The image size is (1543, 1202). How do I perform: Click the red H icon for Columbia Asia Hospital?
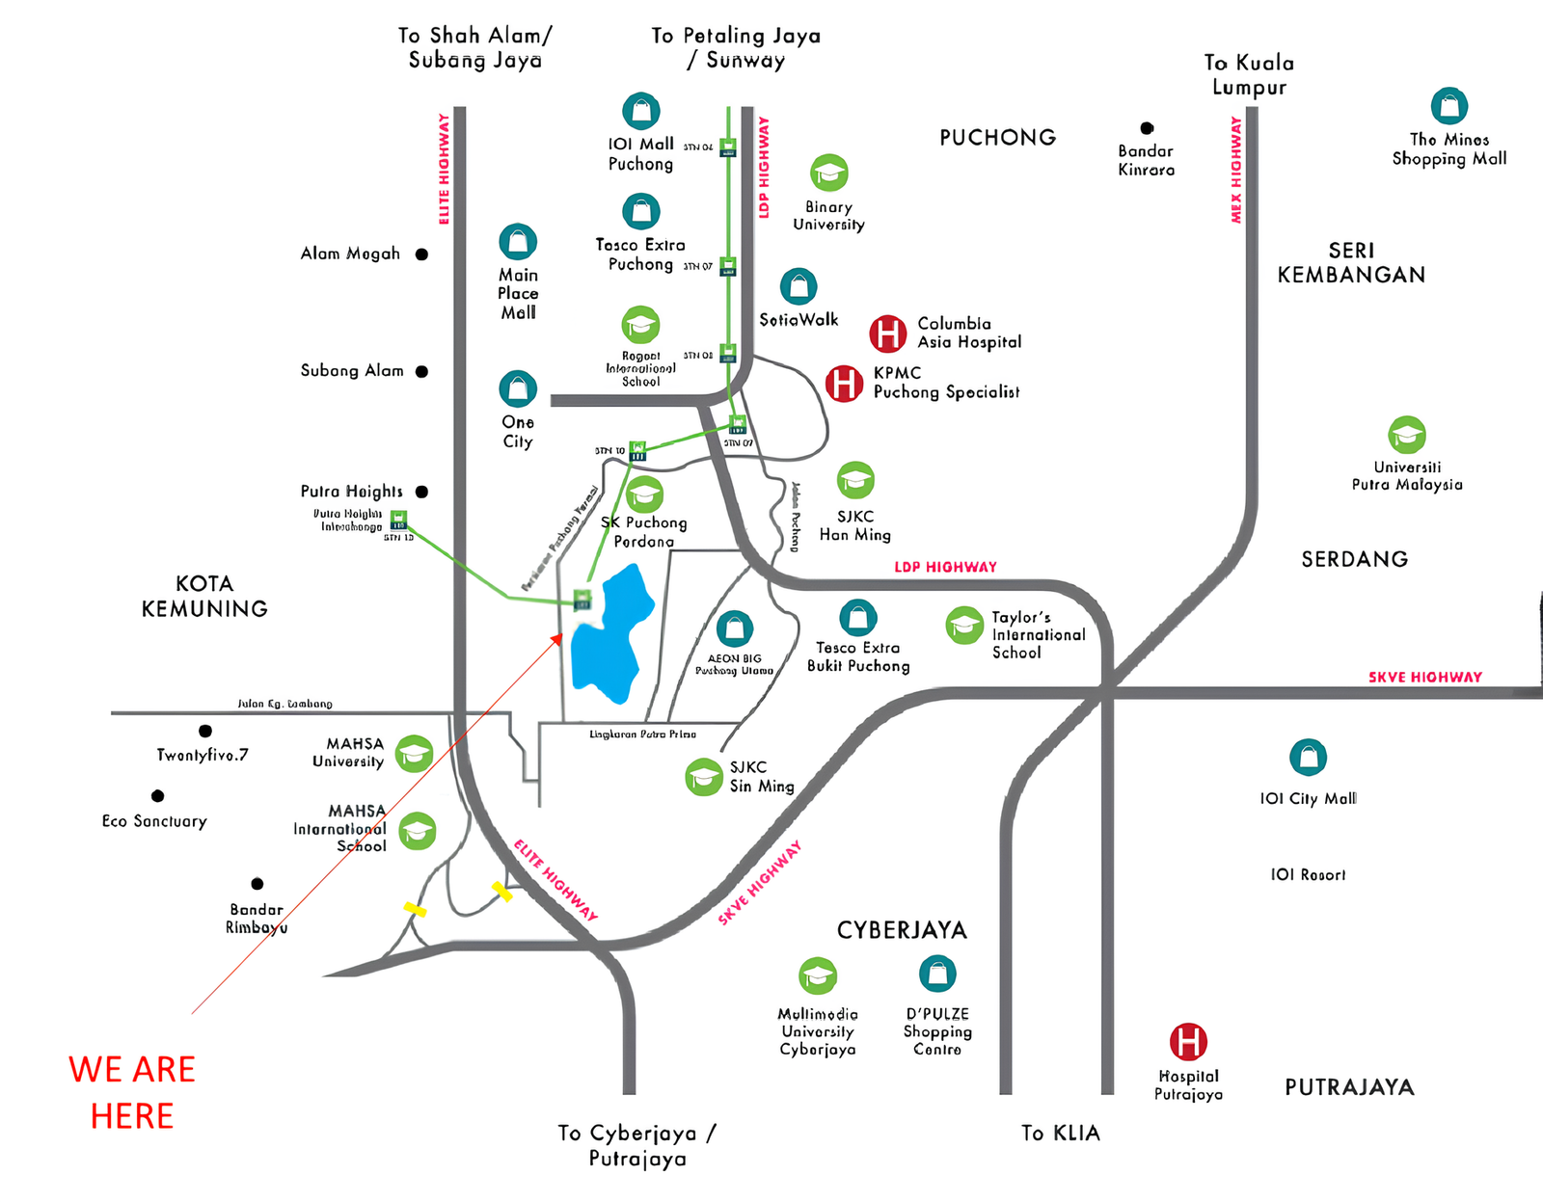click(x=887, y=334)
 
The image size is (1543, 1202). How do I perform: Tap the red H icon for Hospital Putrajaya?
click(x=1188, y=1042)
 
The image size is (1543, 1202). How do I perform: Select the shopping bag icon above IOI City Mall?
click(x=1308, y=758)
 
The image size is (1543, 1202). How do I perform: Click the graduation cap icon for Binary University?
click(x=828, y=173)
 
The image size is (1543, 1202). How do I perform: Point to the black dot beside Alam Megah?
click(x=421, y=254)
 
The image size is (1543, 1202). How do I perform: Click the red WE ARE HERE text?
click(x=132, y=1092)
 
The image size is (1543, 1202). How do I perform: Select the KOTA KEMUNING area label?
click(x=204, y=596)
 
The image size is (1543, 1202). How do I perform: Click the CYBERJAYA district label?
click(x=902, y=930)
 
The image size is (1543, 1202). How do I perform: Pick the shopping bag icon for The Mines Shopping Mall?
click(x=1448, y=106)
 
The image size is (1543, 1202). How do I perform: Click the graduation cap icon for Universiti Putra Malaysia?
click(x=1407, y=435)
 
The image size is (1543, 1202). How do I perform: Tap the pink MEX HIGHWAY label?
click(x=1235, y=170)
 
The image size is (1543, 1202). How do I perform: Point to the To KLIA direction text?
click(x=1061, y=1133)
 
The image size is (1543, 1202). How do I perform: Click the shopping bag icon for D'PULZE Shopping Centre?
click(x=936, y=975)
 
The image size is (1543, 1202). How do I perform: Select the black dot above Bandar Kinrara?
click(x=1147, y=128)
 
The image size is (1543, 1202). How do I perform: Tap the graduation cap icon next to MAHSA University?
click(x=415, y=753)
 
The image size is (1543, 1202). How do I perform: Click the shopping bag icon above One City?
click(x=518, y=388)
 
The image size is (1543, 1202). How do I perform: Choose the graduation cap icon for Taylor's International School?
click(x=963, y=627)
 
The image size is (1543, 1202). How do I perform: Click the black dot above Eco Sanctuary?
click(x=157, y=796)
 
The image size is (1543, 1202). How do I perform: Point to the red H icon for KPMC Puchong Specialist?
click(x=844, y=383)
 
